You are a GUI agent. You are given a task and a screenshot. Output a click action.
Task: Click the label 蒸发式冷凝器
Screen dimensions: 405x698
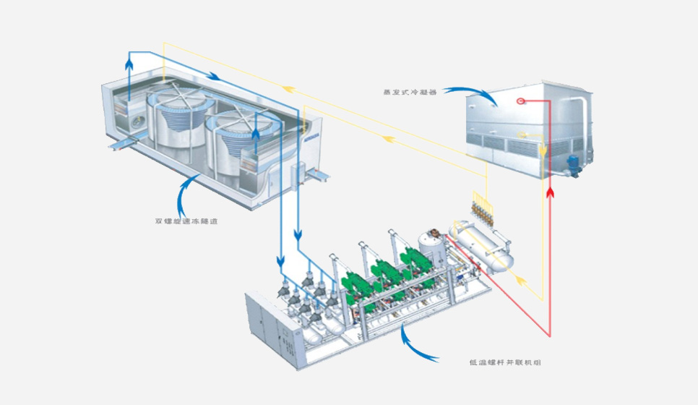[411, 92]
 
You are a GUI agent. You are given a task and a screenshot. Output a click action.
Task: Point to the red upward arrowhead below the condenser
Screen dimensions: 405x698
[551, 192]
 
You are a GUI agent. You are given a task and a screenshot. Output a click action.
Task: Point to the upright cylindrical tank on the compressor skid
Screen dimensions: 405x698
[432, 250]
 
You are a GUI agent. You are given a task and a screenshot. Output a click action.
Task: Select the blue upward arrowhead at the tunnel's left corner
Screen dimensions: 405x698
[129, 65]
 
